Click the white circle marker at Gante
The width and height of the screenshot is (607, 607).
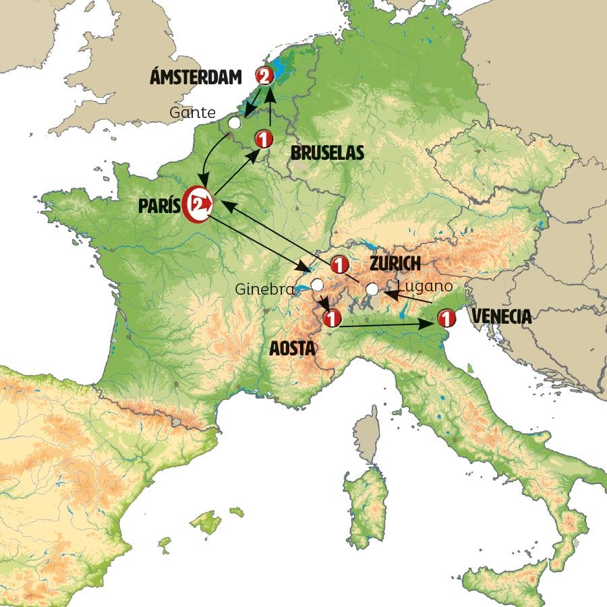tap(234, 123)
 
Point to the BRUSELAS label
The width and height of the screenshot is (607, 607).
tap(327, 154)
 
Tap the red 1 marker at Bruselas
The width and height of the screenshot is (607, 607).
tap(263, 140)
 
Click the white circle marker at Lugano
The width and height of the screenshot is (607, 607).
tap(372, 290)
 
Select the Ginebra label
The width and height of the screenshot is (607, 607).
tap(265, 290)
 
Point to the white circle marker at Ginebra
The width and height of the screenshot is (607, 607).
tap(316, 285)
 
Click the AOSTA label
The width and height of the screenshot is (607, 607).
tap(293, 348)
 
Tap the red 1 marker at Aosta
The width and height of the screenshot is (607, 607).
tap(330, 317)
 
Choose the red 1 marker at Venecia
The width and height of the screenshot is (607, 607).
tap(446, 317)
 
